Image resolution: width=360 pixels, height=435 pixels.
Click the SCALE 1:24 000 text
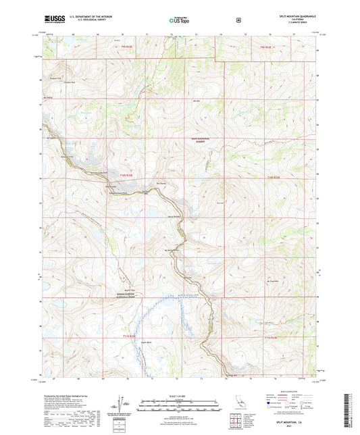[180, 394]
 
